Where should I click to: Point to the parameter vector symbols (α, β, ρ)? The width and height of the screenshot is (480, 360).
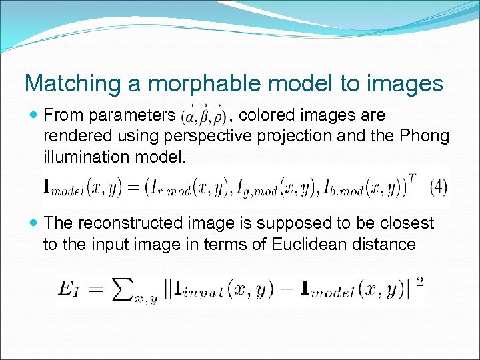click(203, 116)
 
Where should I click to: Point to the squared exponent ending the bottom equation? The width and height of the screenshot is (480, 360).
click(420, 281)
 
